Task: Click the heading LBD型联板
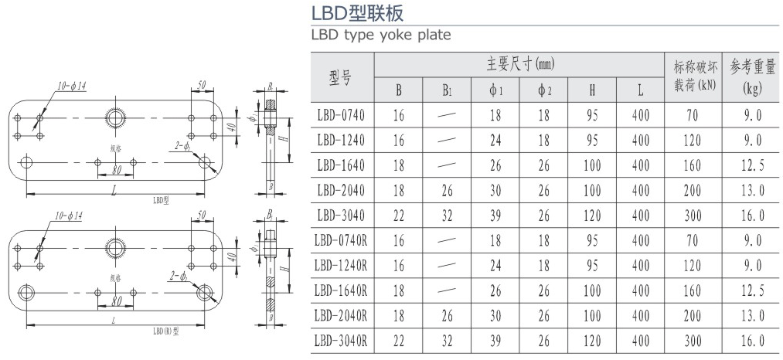pyautogui.click(x=356, y=13)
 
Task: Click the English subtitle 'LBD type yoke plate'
pyautogui.click(x=380, y=35)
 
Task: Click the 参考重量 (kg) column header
pyautogui.click(x=752, y=76)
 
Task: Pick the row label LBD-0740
pyautogui.click(x=341, y=115)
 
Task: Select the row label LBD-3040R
pyautogui.click(x=341, y=341)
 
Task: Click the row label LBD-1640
pyautogui.click(x=341, y=165)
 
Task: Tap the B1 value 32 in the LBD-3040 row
pyautogui.click(x=447, y=216)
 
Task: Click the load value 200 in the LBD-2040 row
pyautogui.click(x=697, y=190)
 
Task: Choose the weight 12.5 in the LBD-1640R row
pyautogui.click(x=752, y=290)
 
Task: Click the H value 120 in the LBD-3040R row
pyautogui.click(x=592, y=341)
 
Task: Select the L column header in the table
pyautogui.click(x=640, y=90)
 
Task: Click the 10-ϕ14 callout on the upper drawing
pyautogui.click(x=70, y=85)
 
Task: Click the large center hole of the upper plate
pyautogui.click(x=116, y=117)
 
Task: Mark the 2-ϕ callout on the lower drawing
pyautogui.click(x=182, y=275)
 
